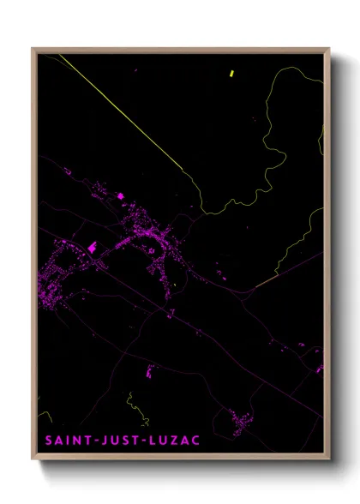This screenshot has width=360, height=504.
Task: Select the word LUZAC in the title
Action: (177, 443)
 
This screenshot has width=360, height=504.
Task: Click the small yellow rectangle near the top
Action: (232, 74)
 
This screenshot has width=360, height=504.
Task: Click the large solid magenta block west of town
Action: (92, 248)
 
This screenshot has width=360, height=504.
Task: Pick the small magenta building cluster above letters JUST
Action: (150, 372)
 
